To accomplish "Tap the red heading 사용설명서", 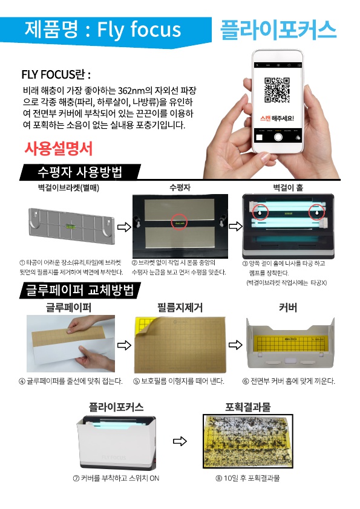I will pos(58,148).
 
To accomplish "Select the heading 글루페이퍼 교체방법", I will pos(78,290).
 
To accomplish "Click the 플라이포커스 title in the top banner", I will pos(278,28).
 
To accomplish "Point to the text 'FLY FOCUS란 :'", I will pos(56,75).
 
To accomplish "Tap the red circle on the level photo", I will pos(180,222).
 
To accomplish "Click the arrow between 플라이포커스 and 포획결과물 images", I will pos(180,441).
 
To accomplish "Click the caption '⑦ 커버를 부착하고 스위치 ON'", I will pos(116,478).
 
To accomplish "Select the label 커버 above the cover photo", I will pos(288,308).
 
